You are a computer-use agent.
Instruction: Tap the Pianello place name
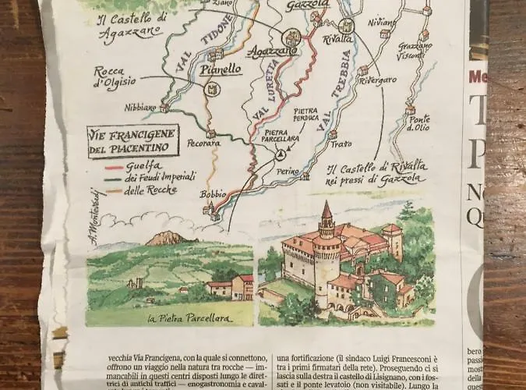coord(220,70)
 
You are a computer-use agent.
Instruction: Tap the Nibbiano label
coord(141,108)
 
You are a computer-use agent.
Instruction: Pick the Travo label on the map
coord(341,144)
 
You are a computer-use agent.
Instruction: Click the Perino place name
coord(288,171)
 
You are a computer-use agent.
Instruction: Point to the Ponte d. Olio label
coord(419,124)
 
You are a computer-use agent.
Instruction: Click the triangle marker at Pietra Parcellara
coord(278,155)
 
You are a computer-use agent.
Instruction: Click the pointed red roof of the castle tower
coord(327,211)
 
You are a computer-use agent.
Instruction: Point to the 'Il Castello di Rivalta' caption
coord(376,172)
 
